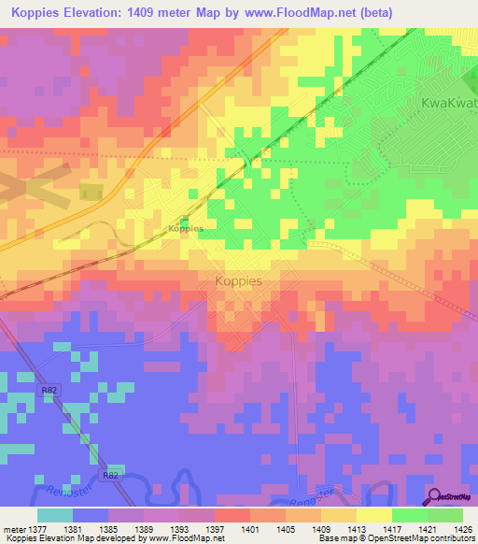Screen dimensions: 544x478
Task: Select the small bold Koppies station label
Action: (185, 228)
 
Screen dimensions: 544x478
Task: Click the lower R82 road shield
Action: (111, 475)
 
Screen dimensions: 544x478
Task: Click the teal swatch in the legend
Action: (54, 514)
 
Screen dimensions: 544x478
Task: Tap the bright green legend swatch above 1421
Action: (409, 514)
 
